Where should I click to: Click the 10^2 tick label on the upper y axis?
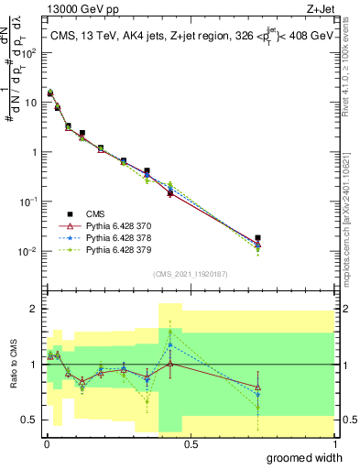tap(30, 52)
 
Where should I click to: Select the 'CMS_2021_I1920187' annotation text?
tap(190, 273)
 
